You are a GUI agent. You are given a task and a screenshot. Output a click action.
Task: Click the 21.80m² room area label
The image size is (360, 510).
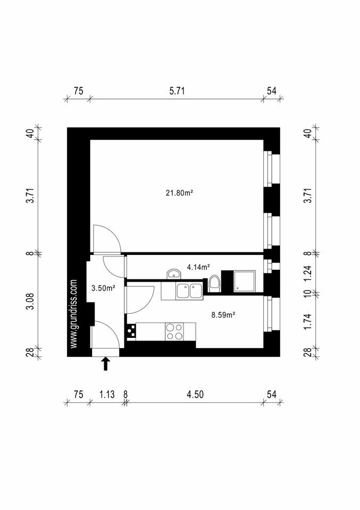179,193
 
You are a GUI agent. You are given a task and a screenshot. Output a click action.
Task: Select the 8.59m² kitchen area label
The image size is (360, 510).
223,314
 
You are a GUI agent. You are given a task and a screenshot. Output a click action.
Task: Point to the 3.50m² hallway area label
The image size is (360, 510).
104,288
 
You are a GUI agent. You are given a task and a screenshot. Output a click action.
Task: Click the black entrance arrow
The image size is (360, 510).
105,363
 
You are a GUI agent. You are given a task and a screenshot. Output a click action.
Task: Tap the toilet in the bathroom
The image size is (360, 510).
215,283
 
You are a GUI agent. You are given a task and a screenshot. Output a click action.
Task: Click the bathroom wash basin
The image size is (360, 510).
174,274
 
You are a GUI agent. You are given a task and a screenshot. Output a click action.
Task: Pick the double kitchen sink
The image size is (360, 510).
189,291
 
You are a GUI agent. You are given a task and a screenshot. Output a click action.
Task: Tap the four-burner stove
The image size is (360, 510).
174,331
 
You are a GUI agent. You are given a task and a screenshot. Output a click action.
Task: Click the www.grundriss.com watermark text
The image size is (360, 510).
74,314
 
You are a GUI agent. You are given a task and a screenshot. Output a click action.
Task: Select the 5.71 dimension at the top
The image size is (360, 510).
177,91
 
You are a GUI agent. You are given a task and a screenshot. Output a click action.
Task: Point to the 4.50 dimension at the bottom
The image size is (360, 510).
195,394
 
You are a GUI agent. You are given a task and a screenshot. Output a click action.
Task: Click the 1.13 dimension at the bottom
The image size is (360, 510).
107,394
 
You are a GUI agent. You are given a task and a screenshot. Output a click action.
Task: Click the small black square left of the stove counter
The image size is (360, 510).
130,332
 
